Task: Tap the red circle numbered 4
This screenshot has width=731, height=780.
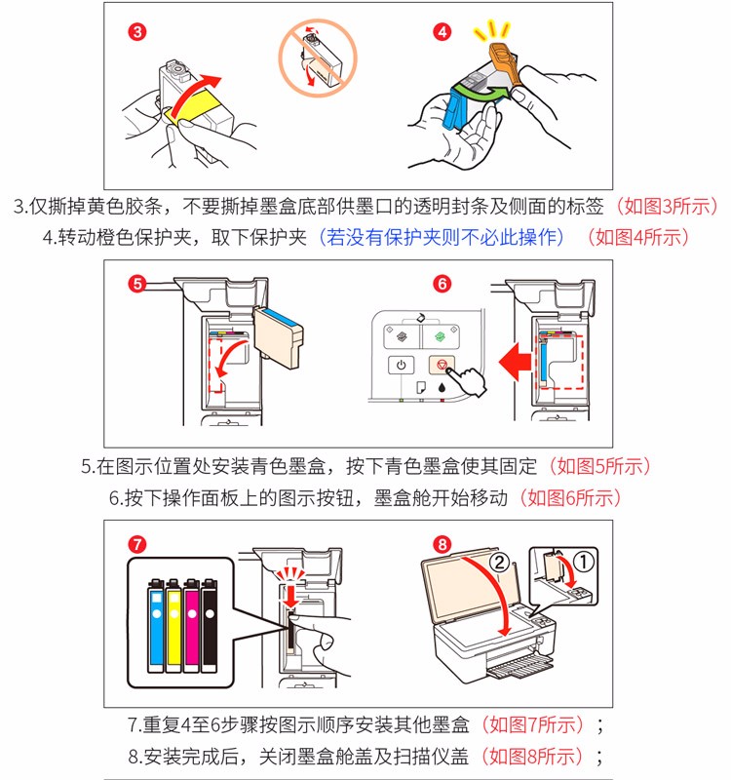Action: pos(442,31)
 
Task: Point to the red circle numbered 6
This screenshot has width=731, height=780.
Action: pos(442,284)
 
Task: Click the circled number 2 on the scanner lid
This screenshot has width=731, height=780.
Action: pos(498,564)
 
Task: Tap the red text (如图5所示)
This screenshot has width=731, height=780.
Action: pos(599,466)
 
